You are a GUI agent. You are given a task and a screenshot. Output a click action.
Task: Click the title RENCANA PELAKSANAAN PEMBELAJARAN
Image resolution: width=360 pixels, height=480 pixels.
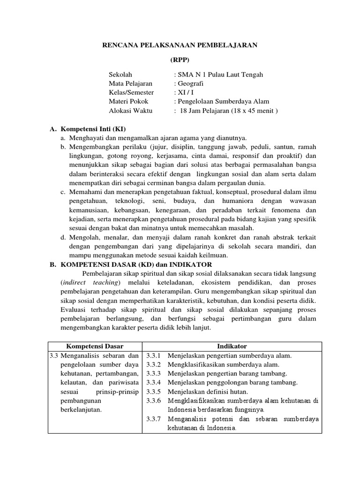[x=180, y=45]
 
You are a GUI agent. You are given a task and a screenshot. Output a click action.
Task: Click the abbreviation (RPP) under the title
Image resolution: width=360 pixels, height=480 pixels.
[x=180, y=60]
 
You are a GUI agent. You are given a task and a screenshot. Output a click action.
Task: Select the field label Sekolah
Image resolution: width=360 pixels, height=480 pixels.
[x=120, y=75]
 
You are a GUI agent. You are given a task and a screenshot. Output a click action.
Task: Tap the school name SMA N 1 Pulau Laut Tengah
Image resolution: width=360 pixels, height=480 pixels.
[x=219, y=75]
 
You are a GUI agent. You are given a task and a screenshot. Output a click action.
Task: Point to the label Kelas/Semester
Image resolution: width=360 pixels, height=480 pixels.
[x=131, y=92]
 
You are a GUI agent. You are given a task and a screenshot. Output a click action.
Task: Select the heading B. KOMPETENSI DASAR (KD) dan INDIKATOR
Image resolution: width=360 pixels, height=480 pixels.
[x=131, y=264]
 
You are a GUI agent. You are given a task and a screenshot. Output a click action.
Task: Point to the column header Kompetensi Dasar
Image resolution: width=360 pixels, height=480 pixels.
[x=95, y=346]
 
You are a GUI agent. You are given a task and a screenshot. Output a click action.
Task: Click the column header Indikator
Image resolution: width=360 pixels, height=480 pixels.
[x=232, y=346]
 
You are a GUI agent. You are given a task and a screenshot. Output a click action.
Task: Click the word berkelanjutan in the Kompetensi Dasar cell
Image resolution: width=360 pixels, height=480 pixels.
[x=82, y=409]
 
